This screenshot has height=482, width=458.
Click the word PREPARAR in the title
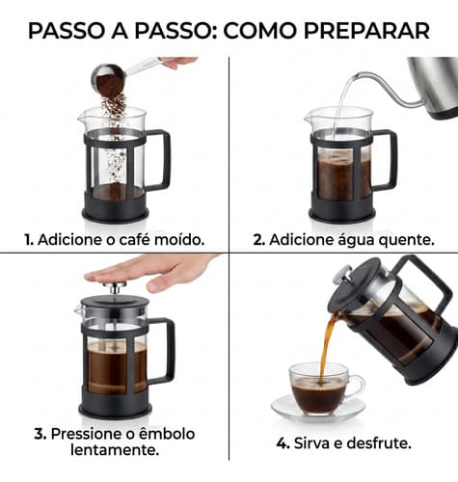[366, 31]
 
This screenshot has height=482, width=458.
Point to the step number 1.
[29, 240]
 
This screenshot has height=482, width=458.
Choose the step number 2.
[259, 240]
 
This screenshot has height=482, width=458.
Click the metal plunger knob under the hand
[115, 287]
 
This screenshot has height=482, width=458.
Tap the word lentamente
[115, 450]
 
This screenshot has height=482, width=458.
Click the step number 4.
[283, 443]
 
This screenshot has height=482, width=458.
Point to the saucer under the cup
[318, 410]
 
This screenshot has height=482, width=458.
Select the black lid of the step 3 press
[115, 302]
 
